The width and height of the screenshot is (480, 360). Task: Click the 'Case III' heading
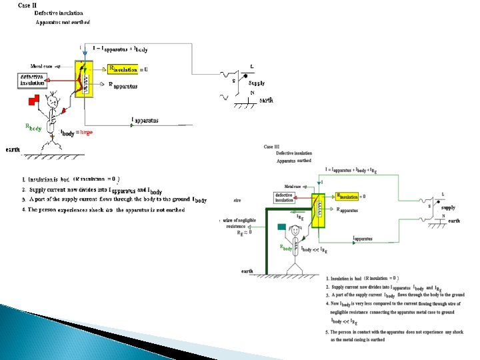[271, 147]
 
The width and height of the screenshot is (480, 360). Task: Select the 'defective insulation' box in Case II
[33, 80]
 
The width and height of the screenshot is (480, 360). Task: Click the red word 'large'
[86, 133]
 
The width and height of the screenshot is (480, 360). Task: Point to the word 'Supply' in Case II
[256, 83]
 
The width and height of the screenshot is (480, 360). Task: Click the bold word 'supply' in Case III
[448, 207]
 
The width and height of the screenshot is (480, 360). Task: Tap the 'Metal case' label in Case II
[41, 66]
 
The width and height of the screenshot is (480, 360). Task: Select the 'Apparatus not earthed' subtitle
[63, 23]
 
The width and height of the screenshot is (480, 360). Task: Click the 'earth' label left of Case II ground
[13, 149]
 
